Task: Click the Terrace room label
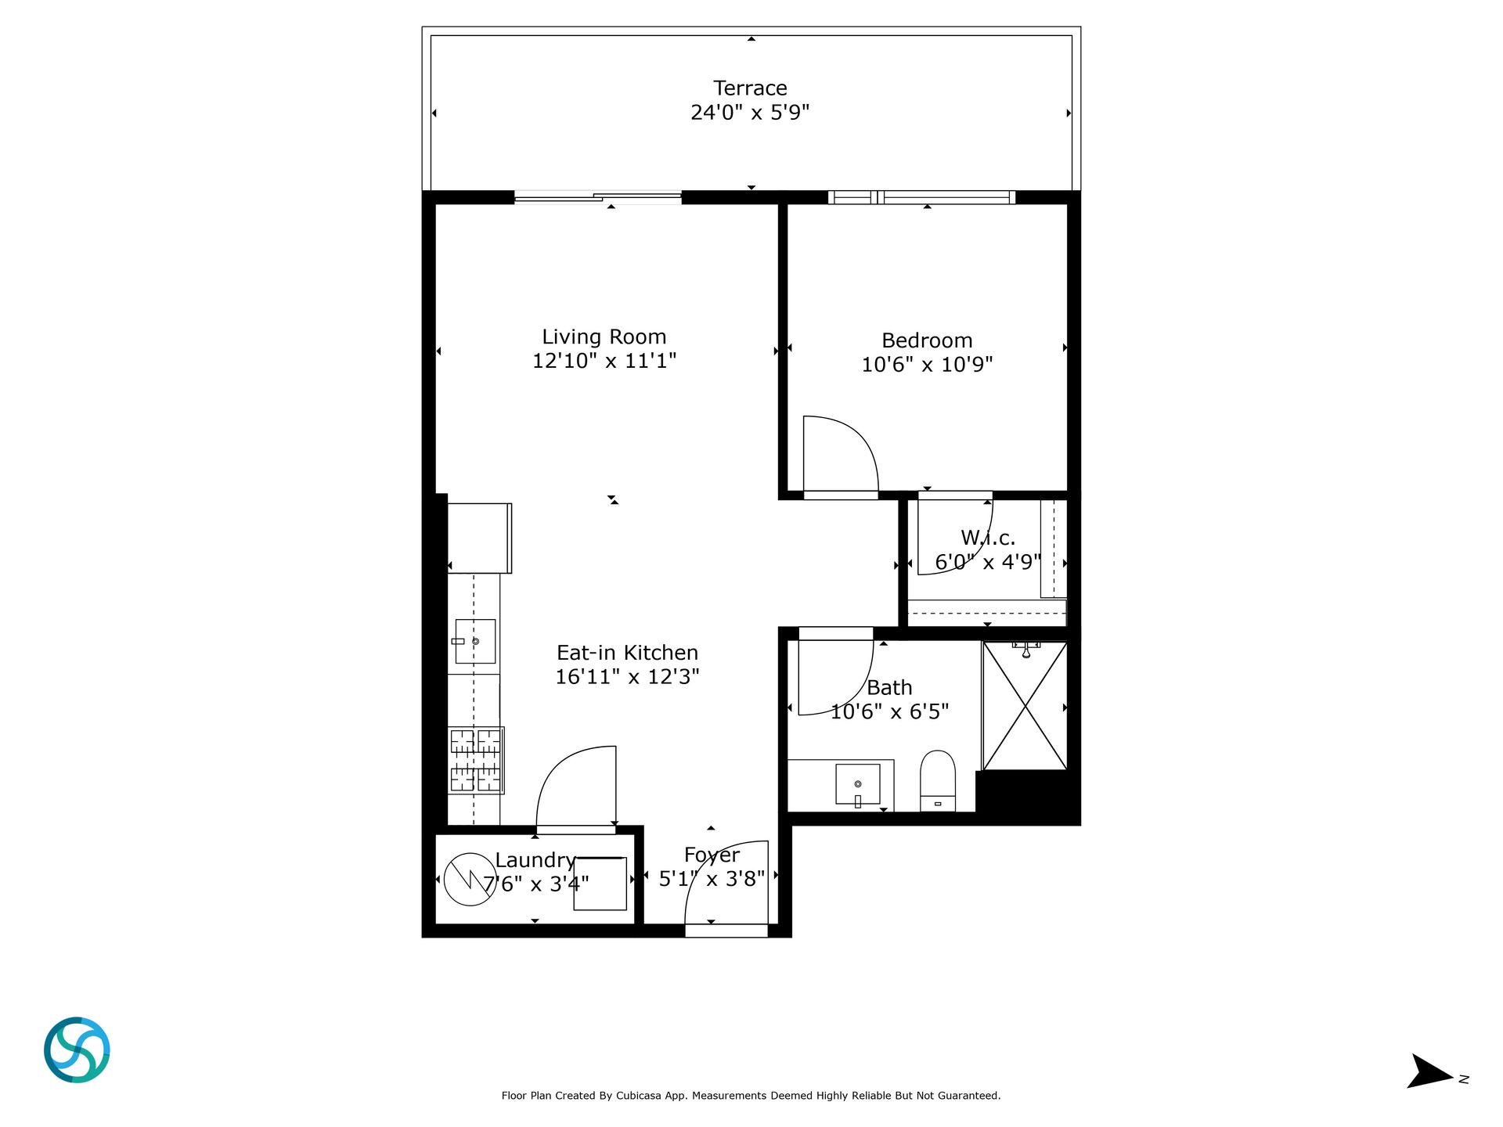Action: (x=750, y=88)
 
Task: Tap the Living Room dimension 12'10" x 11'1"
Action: (x=604, y=361)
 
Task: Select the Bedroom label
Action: (x=927, y=340)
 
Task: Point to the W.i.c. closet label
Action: (x=988, y=538)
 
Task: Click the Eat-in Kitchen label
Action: (x=627, y=653)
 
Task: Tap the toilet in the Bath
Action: (x=938, y=780)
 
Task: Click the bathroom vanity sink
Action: (x=858, y=784)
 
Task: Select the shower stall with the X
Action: (x=1025, y=706)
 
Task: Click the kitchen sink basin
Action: (x=475, y=642)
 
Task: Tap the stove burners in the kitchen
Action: (x=476, y=760)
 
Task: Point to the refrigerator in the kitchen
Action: (x=480, y=538)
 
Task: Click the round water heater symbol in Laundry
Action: (x=470, y=879)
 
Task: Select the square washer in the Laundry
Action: (x=600, y=884)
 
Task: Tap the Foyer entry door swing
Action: (x=704, y=865)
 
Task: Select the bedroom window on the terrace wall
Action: (x=922, y=197)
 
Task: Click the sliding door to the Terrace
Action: (x=598, y=197)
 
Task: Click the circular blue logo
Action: (x=77, y=1050)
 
